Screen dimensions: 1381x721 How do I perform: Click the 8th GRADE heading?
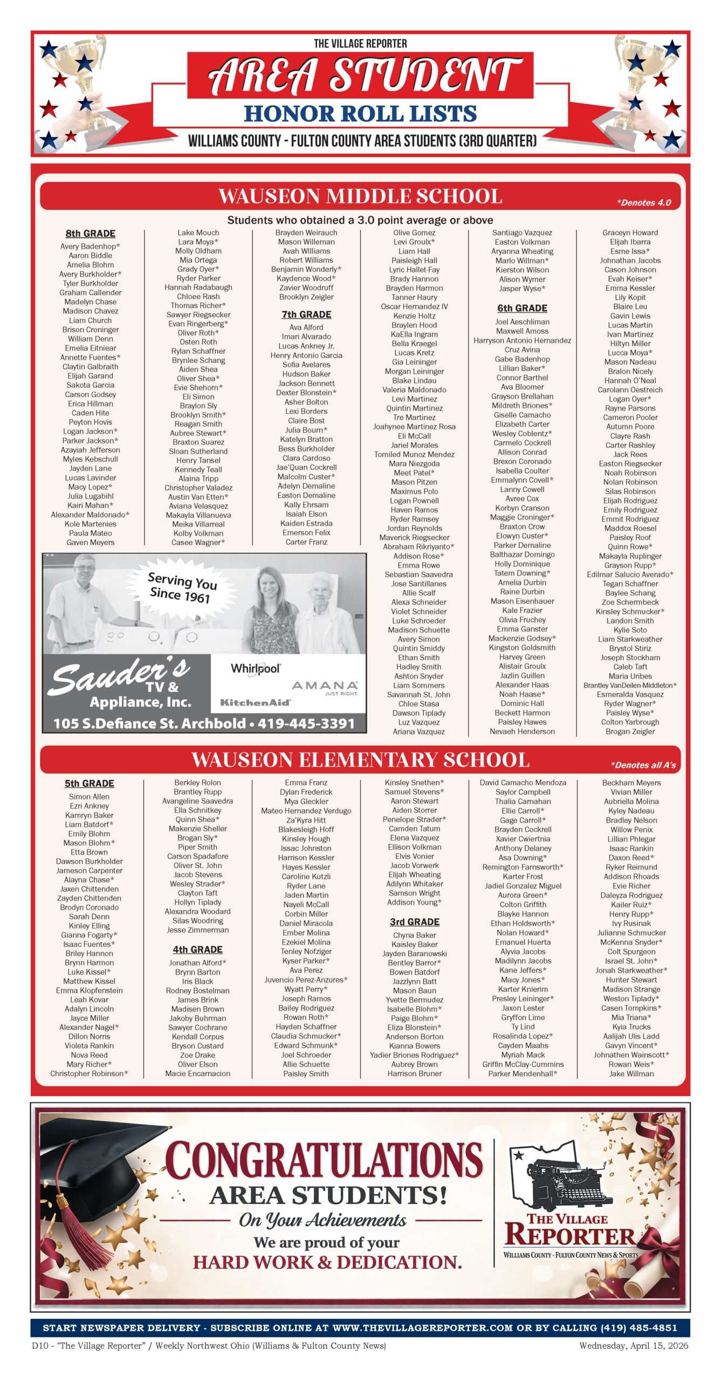[x=91, y=234]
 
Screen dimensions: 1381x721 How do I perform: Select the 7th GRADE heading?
[x=306, y=315]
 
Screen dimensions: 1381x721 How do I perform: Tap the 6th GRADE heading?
[x=522, y=308]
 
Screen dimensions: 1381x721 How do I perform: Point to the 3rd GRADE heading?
[x=414, y=922]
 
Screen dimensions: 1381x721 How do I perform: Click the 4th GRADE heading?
[x=197, y=949]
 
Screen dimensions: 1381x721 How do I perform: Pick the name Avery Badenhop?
[x=90, y=247]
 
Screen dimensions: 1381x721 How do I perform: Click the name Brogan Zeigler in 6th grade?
[x=630, y=731]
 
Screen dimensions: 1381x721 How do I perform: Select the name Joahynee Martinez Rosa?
[x=414, y=427]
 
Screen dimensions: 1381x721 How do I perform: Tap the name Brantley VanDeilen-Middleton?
[x=630, y=685]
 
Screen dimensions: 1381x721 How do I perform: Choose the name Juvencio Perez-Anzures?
[x=306, y=980]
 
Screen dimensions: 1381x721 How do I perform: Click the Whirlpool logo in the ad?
[x=256, y=669]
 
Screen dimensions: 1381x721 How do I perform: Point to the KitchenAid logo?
[x=255, y=702]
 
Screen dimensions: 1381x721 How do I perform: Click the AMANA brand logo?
[x=325, y=686]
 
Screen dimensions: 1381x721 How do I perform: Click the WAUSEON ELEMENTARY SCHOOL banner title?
[x=360, y=760]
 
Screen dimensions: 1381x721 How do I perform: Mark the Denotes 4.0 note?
[x=644, y=203]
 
